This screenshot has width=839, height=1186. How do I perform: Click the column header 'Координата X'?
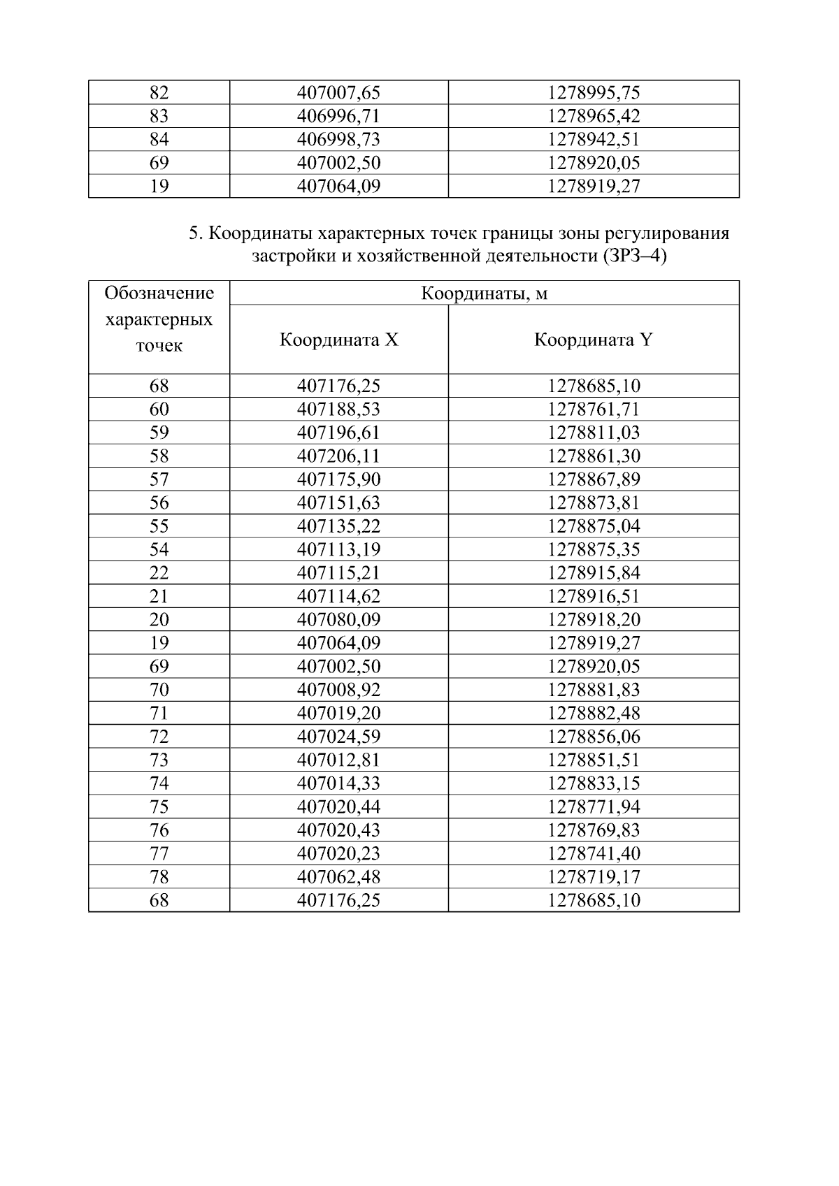[x=338, y=340]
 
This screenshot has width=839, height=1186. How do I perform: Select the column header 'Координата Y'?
[x=593, y=340]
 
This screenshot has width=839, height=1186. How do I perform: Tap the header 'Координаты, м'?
[x=484, y=294]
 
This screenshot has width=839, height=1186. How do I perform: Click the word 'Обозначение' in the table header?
[x=159, y=293]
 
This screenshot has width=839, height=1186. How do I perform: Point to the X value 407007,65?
[x=338, y=92]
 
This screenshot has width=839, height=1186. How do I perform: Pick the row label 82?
[x=159, y=92]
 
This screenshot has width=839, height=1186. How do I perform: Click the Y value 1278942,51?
[x=593, y=139]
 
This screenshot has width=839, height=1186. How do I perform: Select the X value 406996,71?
[x=338, y=116]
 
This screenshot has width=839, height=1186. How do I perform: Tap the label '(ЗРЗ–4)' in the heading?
[x=633, y=256]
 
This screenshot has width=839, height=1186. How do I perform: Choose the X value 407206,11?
[x=338, y=456]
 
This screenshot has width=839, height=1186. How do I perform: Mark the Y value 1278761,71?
[x=593, y=410]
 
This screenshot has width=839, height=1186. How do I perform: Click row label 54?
[x=159, y=550]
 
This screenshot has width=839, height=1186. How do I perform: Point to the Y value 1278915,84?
[x=593, y=573]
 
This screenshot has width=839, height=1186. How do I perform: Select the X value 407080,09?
[x=338, y=620]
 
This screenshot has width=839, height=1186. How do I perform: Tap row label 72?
[x=159, y=737]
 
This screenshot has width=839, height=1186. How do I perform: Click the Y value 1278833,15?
[x=593, y=783]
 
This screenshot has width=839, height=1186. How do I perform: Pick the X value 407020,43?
[x=338, y=830]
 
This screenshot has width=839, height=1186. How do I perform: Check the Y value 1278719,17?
[x=593, y=877]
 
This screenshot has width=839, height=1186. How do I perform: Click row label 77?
[x=159, y=853]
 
